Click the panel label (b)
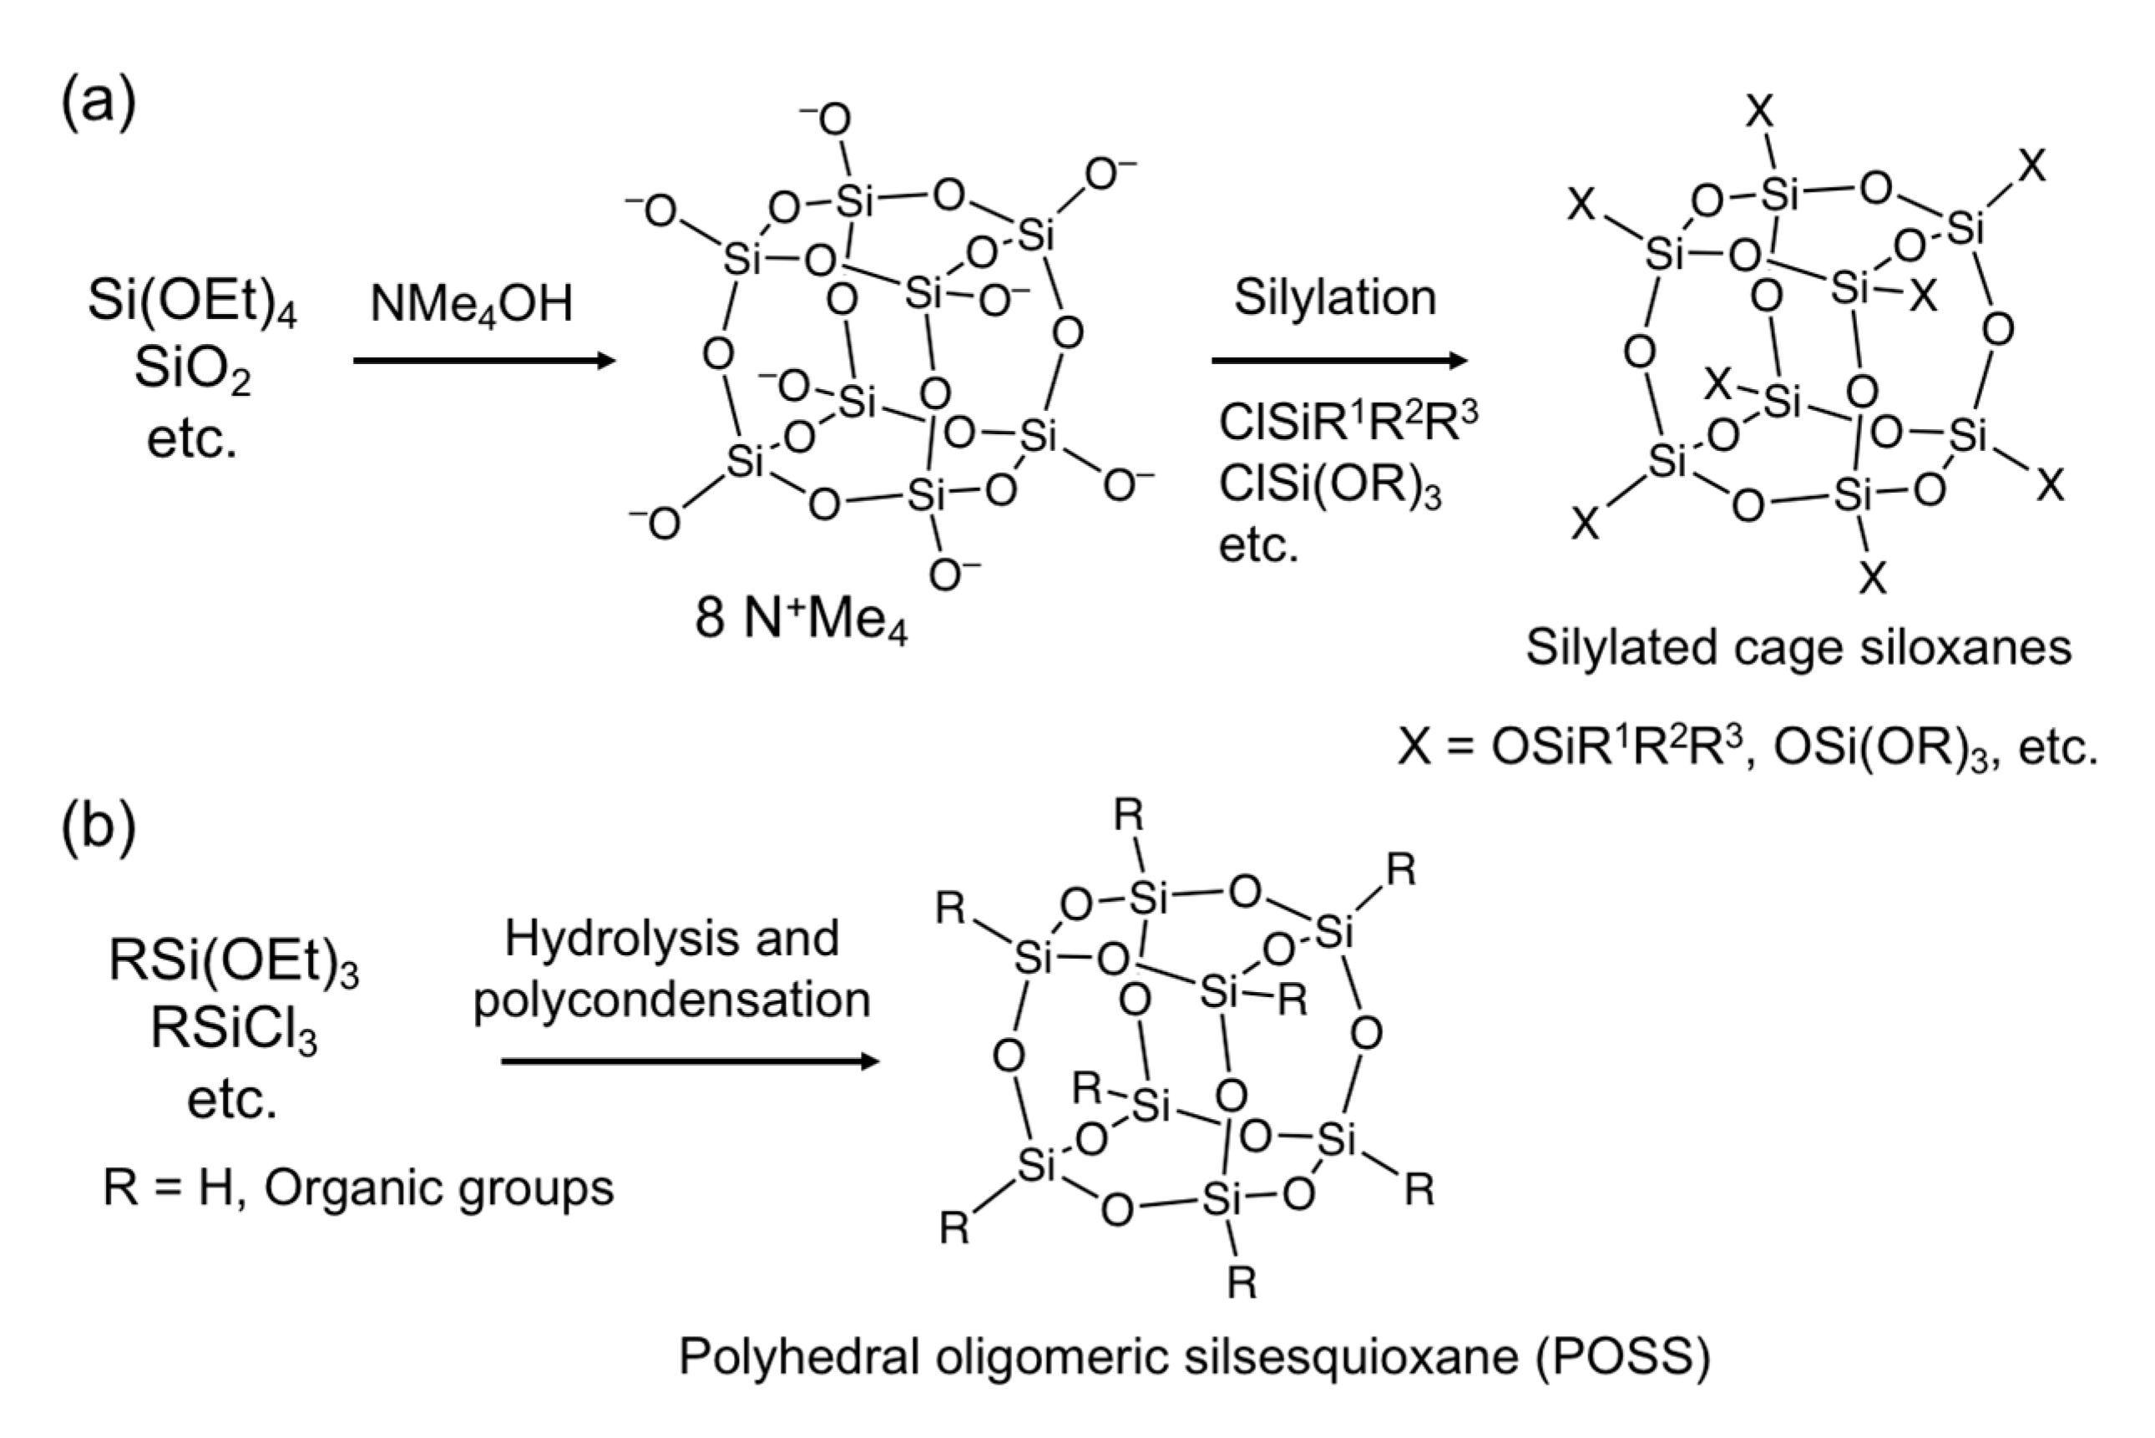click(x=99, y=824)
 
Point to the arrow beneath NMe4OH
click(x=484, y=361)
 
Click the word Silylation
click(x=1334, y=297)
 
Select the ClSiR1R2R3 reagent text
click(x=1348, y=422)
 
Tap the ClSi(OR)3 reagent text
click(x=1330, y=484)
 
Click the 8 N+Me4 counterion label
click(x=801, y=618)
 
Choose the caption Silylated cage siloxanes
click(x=1798, y=647)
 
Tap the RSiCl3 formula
click(x=233, y=1029)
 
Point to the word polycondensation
click(x=671, y=1000)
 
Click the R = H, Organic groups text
click(x=357, y=1187)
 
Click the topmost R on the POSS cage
click(x=1129, y=816)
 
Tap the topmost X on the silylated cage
click(x=1760, y=113)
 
